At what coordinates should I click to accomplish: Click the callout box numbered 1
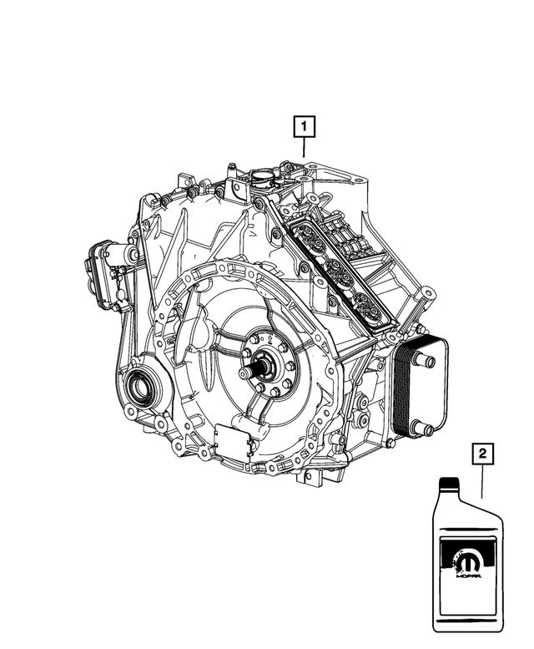point(304,127)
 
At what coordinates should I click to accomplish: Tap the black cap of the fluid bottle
point(450,482)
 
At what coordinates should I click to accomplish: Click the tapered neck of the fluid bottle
point(450,496)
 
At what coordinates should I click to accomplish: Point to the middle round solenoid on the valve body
point(336,268)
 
